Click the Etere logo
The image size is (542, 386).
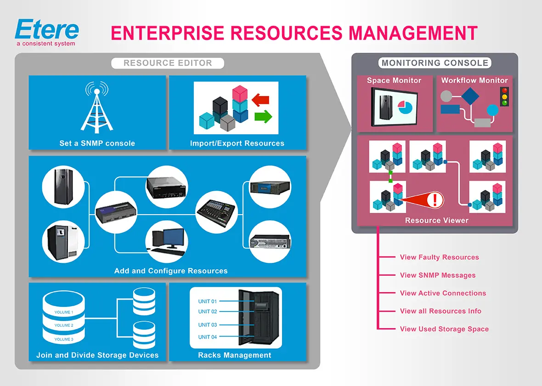pos(47,31)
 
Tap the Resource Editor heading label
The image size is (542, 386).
pos(168,63)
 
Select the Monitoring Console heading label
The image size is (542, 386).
pos(435,63)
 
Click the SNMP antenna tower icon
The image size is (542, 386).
pos(97,108)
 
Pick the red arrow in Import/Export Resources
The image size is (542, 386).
pos(260,98)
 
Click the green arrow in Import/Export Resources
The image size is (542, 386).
pos(263,116)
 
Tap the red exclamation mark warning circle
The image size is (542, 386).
pos(436,200)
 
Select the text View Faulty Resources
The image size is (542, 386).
pos(439,257)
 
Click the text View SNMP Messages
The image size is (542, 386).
pos(437,275)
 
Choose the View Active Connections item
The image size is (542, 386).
pos(443,293)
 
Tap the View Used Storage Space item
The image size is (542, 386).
pos(444,329)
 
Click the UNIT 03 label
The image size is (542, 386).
pos(207,325)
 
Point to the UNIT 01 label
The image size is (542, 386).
pos(207,301)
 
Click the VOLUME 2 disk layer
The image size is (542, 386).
pos(63,325)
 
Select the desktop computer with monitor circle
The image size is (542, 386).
pos(167,240)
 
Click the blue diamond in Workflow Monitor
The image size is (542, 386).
pos(470,96)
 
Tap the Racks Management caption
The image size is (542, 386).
pos(234,355)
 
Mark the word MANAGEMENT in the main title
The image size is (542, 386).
pos(413,33)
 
